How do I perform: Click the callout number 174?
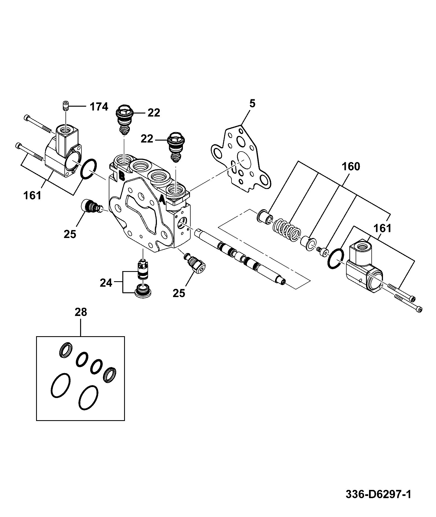99,107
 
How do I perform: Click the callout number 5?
252,104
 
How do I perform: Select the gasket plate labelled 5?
241,159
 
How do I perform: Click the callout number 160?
351,167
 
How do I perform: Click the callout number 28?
81,312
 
